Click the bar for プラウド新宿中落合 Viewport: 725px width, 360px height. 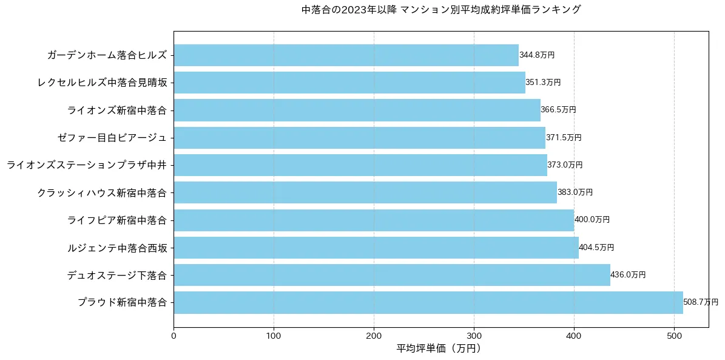428,302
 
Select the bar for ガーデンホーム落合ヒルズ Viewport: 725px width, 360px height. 346,55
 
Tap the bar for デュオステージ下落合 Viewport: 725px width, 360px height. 392,275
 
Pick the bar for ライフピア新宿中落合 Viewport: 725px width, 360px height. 374,220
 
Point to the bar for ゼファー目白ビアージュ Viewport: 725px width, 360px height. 359,138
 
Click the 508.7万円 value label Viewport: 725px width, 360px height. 701,302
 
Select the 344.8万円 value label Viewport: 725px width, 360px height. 537,55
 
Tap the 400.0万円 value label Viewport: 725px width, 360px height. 592,220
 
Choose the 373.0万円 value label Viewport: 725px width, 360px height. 565,165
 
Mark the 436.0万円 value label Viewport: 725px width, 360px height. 628,275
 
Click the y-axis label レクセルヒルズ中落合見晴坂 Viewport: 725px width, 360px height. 102,83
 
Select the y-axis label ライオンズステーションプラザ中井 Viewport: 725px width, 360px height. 87,165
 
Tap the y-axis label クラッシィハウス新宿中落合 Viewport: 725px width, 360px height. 102,192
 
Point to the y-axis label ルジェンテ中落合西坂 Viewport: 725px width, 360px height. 117,248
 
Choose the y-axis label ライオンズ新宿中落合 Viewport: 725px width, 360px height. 117,110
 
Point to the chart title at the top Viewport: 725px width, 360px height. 440,10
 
